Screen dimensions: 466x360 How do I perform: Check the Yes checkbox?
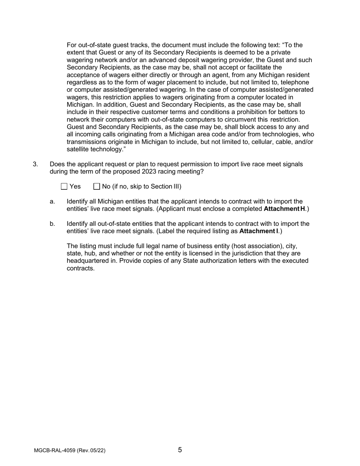coord(64,186)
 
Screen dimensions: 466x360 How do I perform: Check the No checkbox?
coord(97,186)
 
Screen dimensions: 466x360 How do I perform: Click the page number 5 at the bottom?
coord(180,450)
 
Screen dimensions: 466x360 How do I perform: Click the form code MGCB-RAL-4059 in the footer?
coord(55,450)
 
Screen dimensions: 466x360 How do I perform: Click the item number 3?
coord(35,164)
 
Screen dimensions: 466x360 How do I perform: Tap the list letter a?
coord(52,202)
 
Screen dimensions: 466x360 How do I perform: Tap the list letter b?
coord(52,224)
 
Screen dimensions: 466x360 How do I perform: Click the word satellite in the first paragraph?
coord(77,149)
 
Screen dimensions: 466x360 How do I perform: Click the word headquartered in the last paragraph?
coord(87,261)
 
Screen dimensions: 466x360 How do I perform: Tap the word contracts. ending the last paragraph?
coord(80,268)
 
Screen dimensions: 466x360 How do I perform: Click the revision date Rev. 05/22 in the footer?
coord(91,450)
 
